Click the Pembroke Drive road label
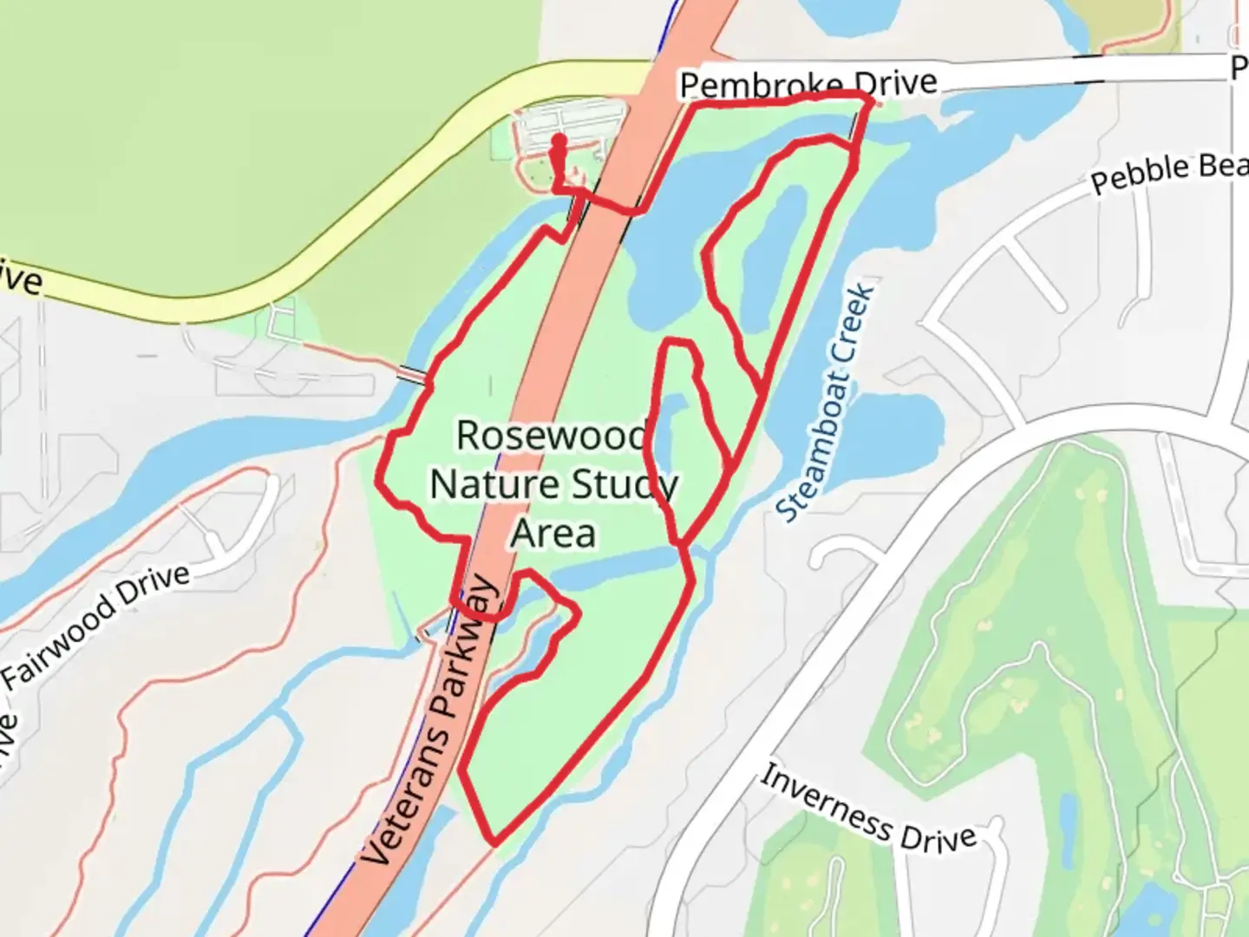808,84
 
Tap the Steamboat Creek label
827,403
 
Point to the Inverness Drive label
868,809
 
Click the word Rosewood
553,435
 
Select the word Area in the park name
553,533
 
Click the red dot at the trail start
559,141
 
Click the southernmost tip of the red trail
494,842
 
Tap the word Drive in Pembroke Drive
895,82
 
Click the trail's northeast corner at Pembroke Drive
870,102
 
